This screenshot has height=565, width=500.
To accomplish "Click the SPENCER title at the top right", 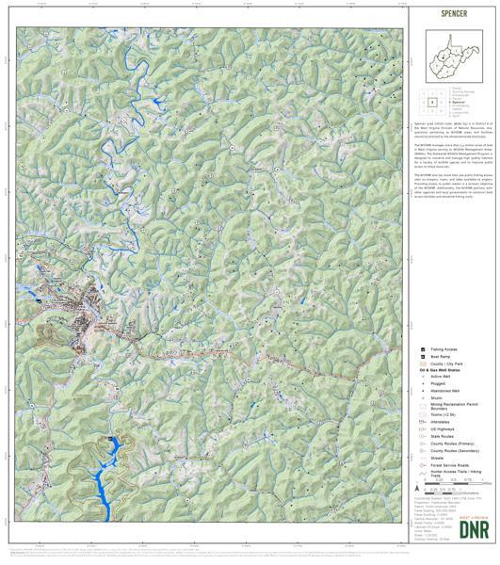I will (451, 14).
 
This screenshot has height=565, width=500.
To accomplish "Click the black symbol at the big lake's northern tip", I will (114, 440).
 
